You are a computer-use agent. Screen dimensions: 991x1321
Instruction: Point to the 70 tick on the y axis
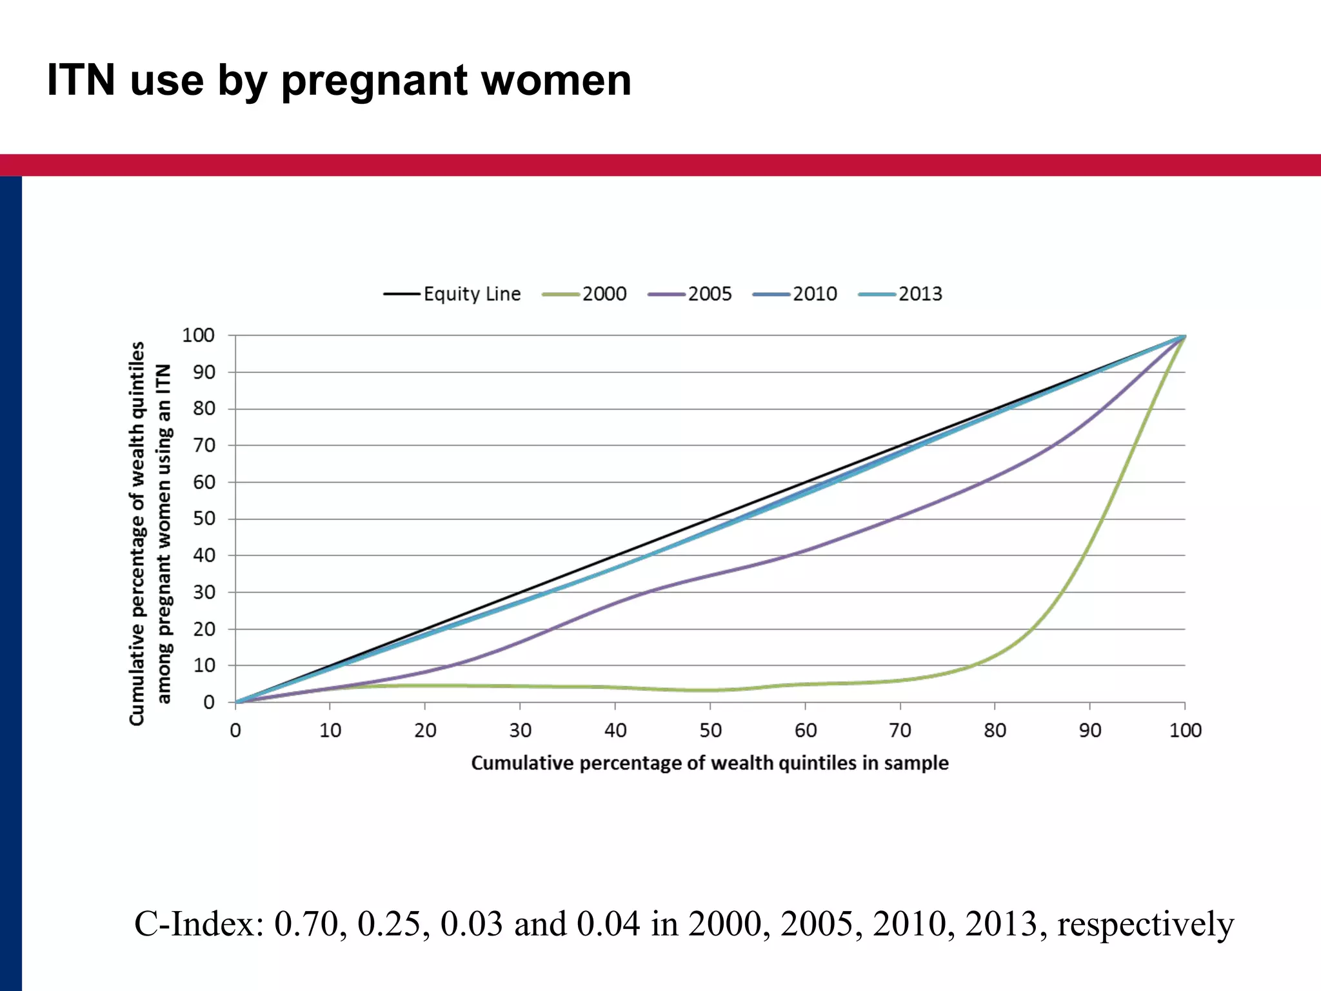[x=204, y=445]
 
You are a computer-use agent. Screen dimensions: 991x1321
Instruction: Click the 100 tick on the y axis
[x=198, y=335]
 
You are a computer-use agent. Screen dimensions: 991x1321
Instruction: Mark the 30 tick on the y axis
[x=204, y=592]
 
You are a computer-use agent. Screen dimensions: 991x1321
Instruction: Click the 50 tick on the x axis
[x=710, y=730]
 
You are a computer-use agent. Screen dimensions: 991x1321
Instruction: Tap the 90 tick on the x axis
[x=1090, y=730]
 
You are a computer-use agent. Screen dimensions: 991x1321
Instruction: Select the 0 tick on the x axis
[x=235, y=730]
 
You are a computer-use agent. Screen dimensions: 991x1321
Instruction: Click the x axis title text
[x=710, y=763]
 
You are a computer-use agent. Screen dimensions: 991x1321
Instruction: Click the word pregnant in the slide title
[x=374, y=81]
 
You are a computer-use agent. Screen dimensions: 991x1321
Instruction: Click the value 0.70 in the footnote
[x=306, y=924]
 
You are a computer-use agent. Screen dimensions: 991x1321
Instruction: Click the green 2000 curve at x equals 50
[x=710, y=690]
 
